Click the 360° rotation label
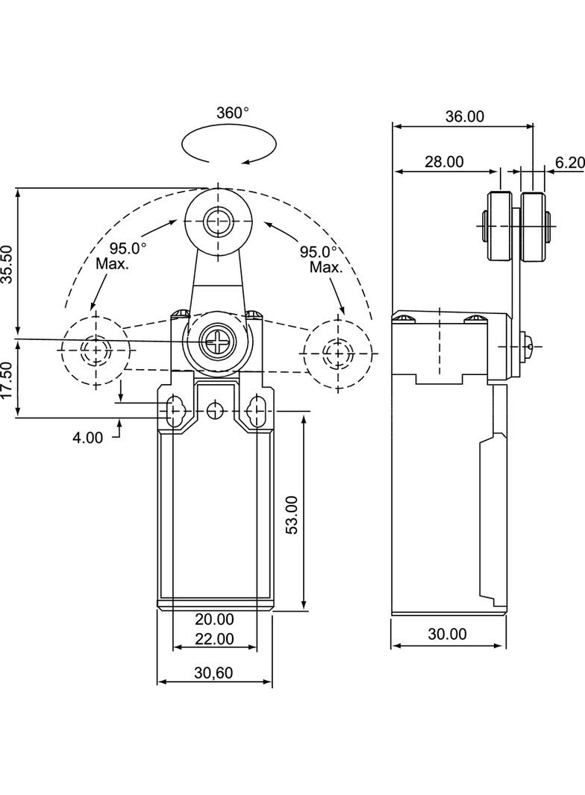coord(233,113)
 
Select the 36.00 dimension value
coord(465,116)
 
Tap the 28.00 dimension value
coord(445,162)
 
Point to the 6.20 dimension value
coord(570,163)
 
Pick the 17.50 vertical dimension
coord(7,380)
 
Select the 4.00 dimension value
coord(88,438)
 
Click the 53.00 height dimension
coord(292,515)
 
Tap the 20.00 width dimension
coord(215,619)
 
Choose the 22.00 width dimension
coord(215,639)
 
